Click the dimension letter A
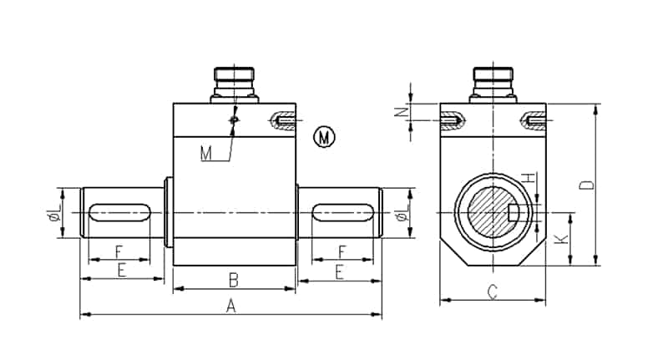point(231,307)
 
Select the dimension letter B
point(235,279)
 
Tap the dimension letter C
point(493,292)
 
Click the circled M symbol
point(324,137)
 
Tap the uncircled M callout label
point(206,153)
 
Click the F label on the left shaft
point(119,251)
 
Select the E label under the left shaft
point(121,270)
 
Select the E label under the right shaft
point(339,270)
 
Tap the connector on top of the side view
point(235,84)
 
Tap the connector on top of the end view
point(493,84)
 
